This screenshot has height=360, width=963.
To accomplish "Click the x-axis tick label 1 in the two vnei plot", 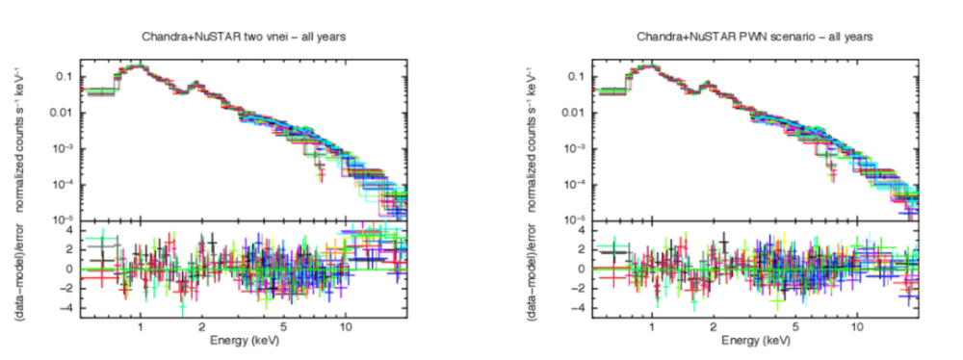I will (141, 327).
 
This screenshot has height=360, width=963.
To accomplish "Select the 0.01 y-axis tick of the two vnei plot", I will (65, 113).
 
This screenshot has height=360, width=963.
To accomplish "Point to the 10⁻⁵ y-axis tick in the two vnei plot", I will (65, 219).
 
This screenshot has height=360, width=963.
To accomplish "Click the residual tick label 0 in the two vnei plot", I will (70, 270).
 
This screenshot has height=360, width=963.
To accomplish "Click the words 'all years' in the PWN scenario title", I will (851, 37).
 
